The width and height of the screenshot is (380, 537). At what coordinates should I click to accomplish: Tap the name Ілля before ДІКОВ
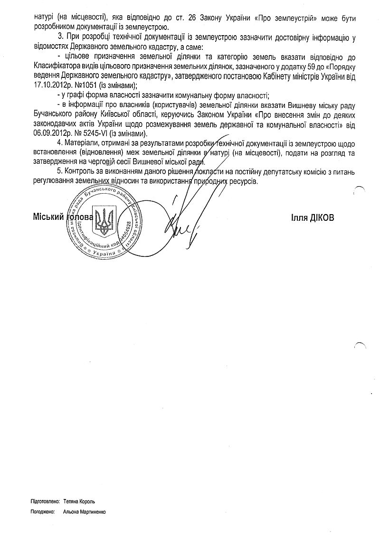300,217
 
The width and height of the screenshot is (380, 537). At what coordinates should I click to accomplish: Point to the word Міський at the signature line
48,217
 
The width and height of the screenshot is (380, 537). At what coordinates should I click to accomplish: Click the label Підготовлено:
45,501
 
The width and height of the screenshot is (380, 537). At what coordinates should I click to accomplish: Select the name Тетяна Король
79,501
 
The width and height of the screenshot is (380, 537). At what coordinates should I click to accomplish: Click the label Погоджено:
42,512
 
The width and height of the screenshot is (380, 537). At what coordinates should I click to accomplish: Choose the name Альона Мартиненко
85,512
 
